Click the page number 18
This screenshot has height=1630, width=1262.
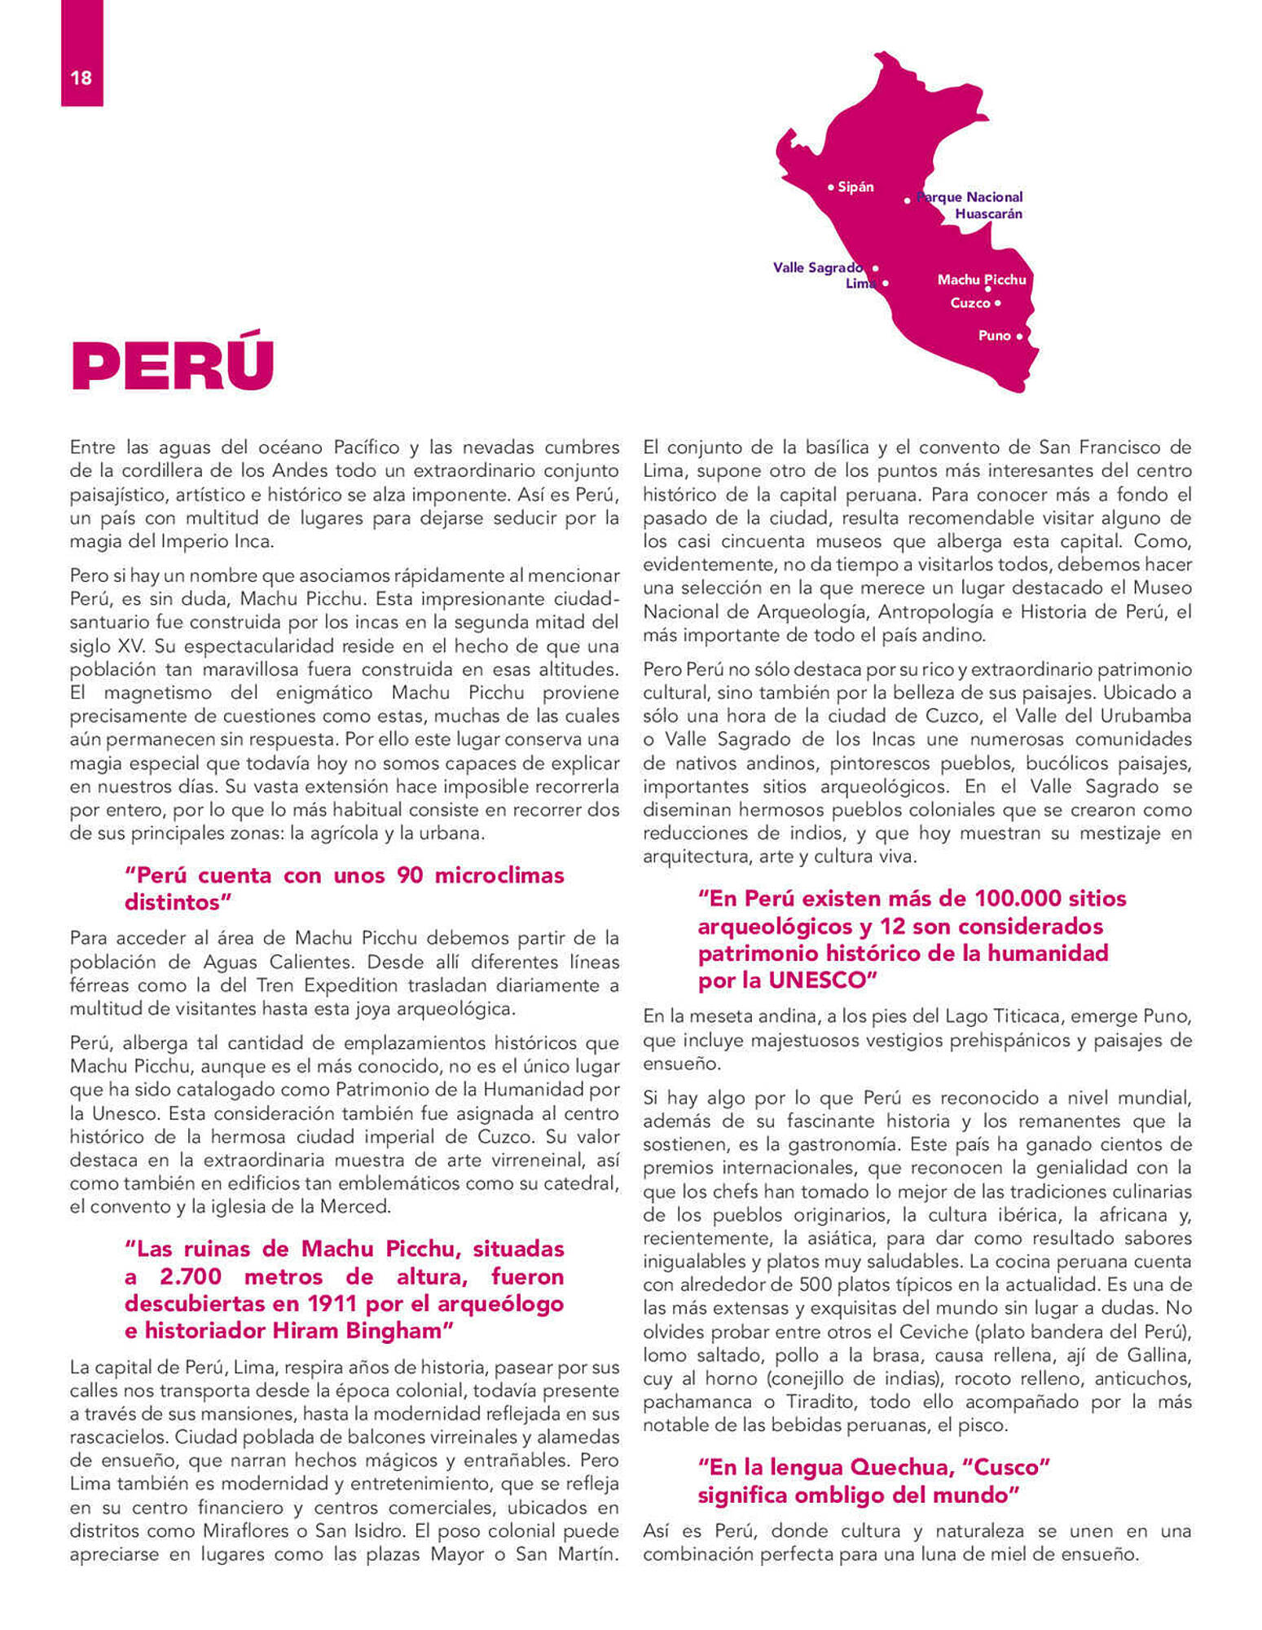click(81, 78)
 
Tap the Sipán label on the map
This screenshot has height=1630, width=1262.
click(855, 187)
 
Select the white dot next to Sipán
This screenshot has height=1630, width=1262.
click(830, 187)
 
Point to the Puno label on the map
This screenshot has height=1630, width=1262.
click(994, 336)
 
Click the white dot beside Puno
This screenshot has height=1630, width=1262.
click(1019, 336)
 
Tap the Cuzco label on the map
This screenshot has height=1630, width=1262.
click(970, 303)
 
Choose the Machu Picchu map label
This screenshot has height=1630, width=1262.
click(981, 280)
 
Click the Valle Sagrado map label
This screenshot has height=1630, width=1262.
click(817, 267)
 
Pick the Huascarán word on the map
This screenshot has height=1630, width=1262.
click(988, 214)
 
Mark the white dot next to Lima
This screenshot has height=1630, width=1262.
click(886, 284)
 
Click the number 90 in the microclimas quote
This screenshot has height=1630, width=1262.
click(410, 875)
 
